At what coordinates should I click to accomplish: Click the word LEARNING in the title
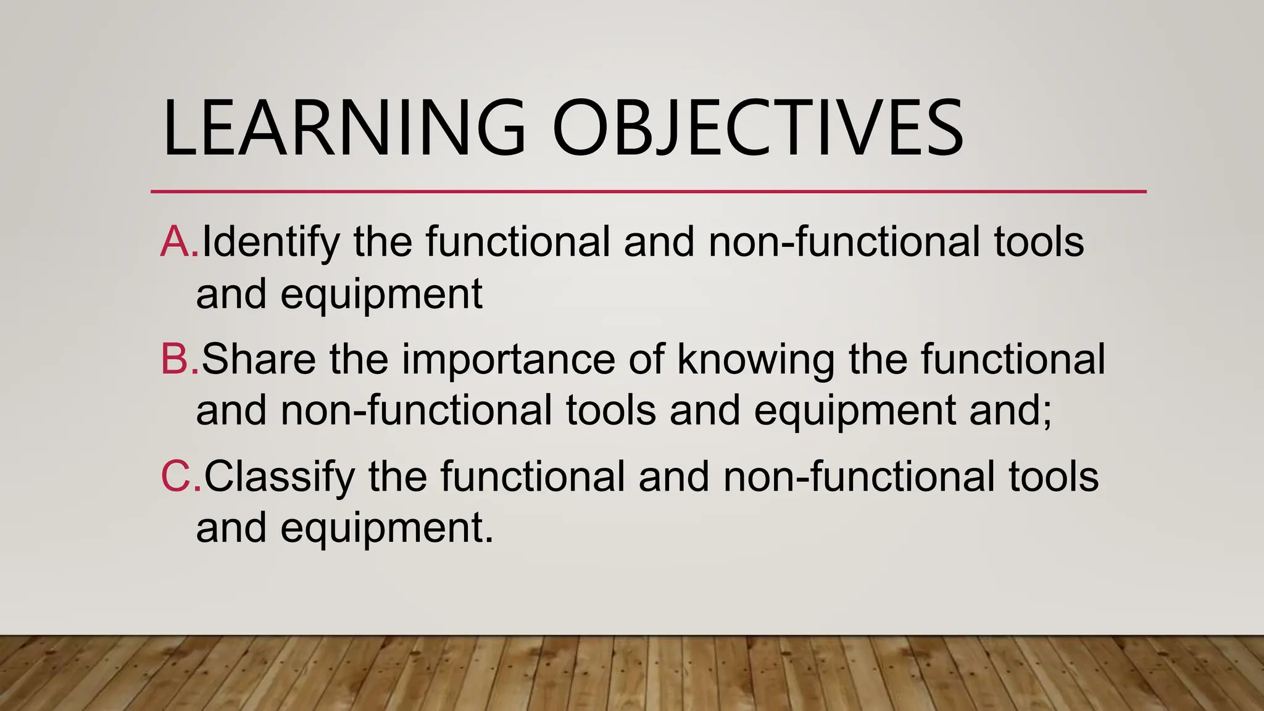point(343,128)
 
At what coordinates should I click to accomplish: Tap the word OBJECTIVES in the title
point(757,128)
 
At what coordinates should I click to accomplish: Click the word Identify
point(271,243)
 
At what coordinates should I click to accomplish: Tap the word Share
point(259,360)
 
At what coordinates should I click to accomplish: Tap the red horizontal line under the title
point(648,192)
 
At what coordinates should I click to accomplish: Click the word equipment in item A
point(381,295)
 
